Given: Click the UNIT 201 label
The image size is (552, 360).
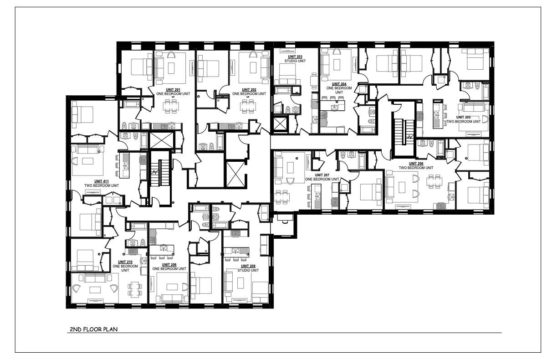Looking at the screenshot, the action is [x=173, y=90].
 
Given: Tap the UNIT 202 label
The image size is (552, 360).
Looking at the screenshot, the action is [x=249, y=90].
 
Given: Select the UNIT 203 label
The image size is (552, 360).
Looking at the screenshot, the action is [x=295, y=57].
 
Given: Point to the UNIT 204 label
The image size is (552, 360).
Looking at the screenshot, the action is [x=339, y=84].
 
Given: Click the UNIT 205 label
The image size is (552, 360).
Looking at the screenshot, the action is [x=463, y=118].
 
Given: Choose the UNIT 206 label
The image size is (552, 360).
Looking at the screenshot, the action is [x=416, y=164].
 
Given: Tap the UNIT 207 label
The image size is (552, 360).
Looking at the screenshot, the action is [x=322, y=175].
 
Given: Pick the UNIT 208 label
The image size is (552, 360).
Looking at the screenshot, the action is [x=248, y=266].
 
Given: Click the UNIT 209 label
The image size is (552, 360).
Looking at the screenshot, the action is [x=169, y=265].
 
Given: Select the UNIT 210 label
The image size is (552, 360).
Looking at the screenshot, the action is [x=125, y=262].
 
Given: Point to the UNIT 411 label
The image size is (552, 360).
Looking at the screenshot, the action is [x=102, y=181].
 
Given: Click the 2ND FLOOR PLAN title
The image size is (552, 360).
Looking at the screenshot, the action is [x=94, y=329].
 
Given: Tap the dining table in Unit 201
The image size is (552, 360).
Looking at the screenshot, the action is [x=171, y=107].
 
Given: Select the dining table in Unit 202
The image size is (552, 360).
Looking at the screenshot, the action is [x=248, y=107].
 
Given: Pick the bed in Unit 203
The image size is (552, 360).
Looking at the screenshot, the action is [x=287, y=72].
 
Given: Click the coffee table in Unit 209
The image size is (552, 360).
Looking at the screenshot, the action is [x=172, y=287].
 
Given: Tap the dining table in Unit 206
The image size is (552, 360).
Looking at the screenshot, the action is [x=434, y=182].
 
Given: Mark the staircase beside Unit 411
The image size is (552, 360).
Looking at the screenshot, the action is [x=160, y=173].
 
